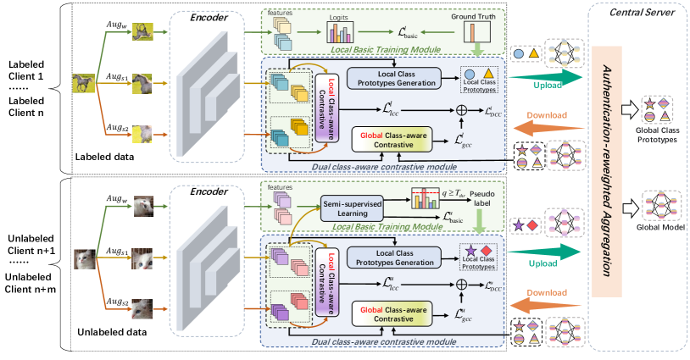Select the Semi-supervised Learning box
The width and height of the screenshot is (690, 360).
(x=357, y=208)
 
